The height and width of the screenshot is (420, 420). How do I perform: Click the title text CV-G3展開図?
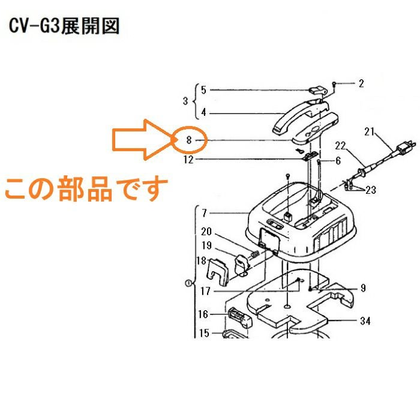point(65,26)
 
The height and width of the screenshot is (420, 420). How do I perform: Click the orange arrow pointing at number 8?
point(138,140)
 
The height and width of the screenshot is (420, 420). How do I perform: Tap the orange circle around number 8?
point(189,140)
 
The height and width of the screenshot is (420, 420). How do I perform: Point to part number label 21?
point(369,131)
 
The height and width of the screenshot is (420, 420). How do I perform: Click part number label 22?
point(340,146)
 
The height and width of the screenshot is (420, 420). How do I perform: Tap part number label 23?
point(371,190)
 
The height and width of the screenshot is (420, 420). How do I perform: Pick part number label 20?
point(207,232)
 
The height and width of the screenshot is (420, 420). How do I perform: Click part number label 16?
point(203,314)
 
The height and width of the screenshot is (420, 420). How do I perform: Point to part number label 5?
point(203,90)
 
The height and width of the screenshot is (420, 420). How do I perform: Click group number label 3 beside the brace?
point(185,100)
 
